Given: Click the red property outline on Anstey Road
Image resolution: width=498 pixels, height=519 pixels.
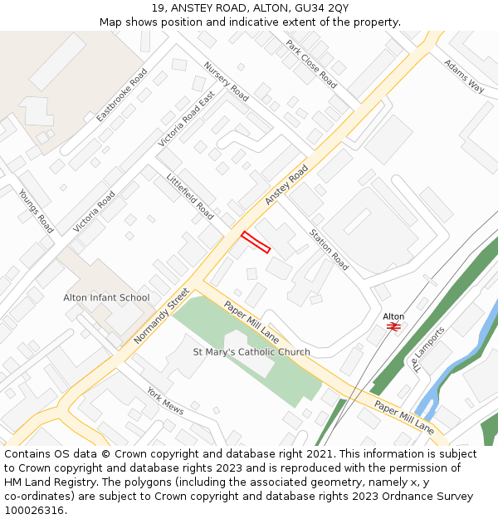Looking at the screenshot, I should click(256, 242).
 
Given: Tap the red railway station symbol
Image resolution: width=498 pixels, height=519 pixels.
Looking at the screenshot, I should click(393, 327).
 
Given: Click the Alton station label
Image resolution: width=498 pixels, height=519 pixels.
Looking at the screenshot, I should click(393, 316).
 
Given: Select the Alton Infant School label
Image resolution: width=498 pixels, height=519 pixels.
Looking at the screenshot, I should click(106, 297).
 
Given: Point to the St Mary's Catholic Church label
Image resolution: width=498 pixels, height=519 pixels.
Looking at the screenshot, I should click(251, 352).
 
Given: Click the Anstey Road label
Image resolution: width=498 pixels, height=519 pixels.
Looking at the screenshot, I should click(286, 185).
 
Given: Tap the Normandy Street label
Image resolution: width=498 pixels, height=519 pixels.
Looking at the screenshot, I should click(161, 316).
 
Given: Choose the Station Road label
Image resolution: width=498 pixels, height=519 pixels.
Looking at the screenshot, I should click(330, 249).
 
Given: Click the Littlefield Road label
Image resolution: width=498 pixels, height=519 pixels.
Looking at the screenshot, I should click(190, 197).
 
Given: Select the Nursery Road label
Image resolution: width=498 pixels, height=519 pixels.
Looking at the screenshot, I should click(226, 81).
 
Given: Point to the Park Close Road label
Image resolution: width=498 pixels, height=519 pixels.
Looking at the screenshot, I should click(311, 64).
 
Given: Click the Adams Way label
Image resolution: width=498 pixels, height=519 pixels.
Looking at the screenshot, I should click(463, 75).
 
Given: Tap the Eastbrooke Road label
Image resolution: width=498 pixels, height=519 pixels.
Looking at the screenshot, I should click(121, 95).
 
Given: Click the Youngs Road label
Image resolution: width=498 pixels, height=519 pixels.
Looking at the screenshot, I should click(36, 210).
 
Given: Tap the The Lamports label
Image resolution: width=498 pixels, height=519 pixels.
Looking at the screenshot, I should click(427, 349).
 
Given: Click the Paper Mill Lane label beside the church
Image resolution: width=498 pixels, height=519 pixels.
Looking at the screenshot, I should click(251, 321).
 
